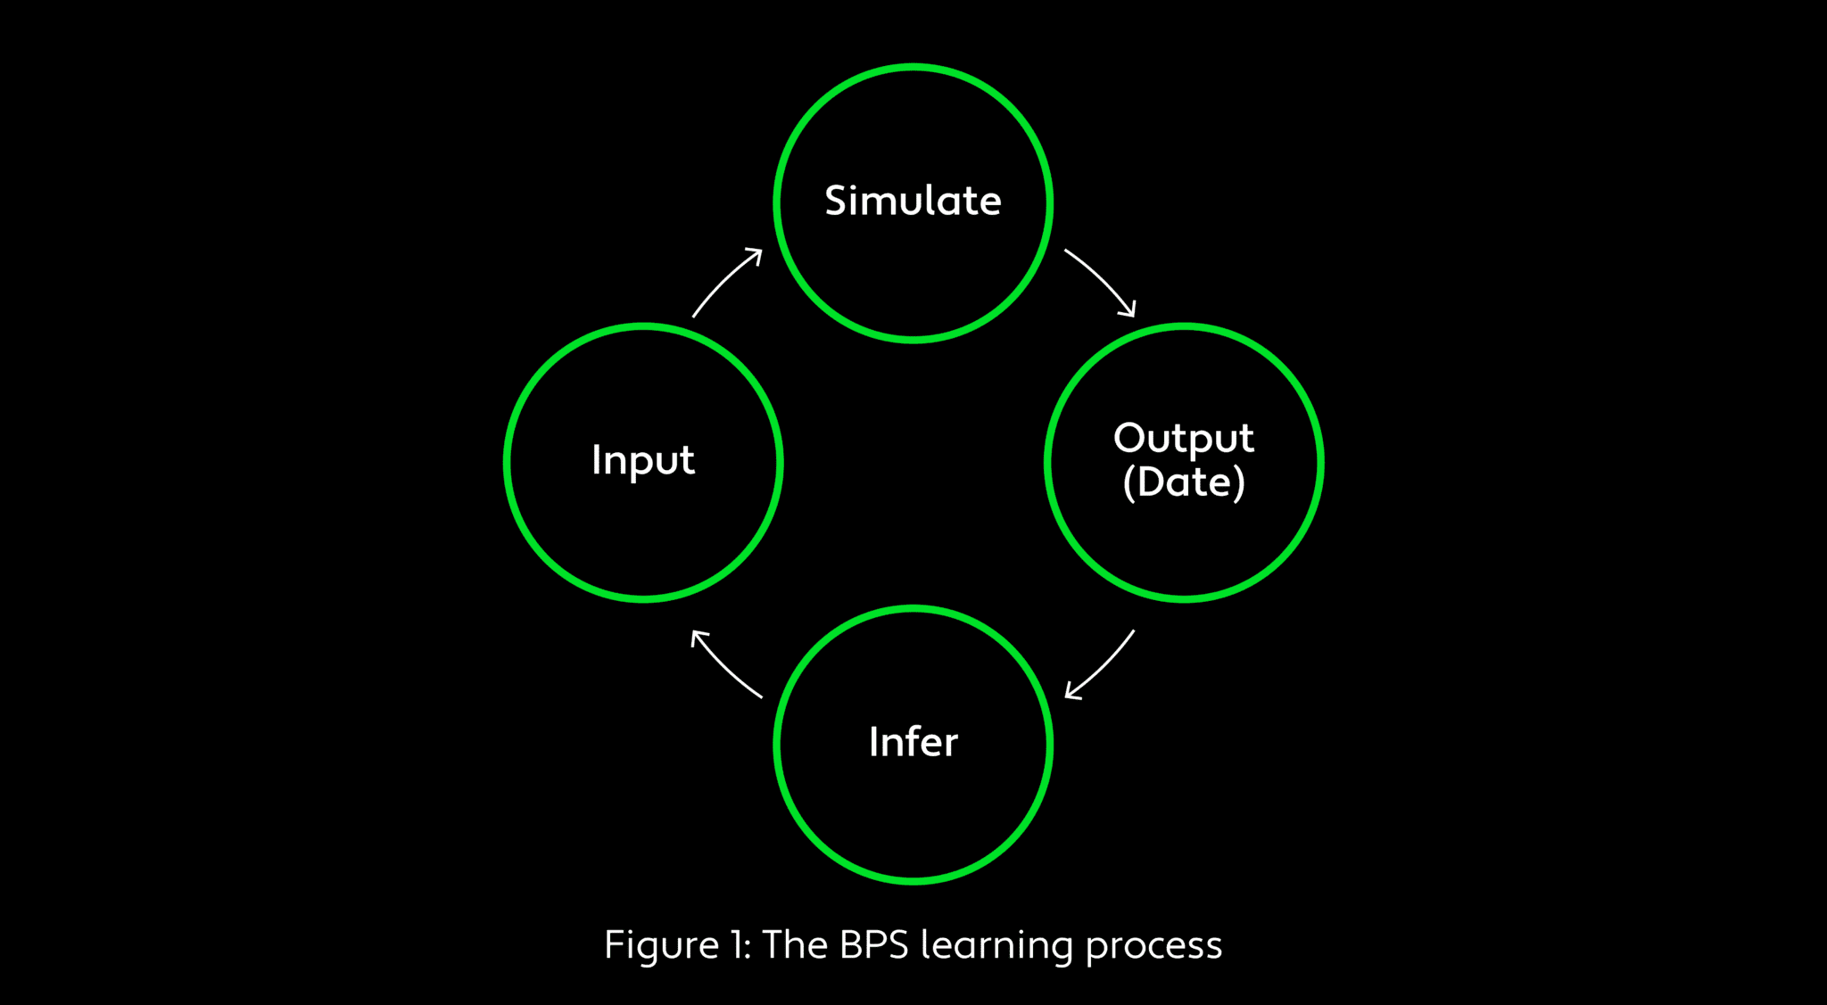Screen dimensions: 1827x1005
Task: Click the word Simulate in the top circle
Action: click(x=913, y=201)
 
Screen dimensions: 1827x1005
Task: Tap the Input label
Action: click(x=643, y=461)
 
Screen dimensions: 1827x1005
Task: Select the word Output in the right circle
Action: click(x=1184, y=439)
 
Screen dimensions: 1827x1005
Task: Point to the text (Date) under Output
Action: click(x=1184, y=482)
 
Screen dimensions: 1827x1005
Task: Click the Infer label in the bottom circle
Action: click(x=913, y=742)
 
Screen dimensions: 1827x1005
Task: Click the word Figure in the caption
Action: click(x=661, y=945)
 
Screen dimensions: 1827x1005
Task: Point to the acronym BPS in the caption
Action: click(x=873, y=945)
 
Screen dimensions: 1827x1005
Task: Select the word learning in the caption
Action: click(x=996, y=945)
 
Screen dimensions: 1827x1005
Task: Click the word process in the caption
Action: click(x=1153, y=947)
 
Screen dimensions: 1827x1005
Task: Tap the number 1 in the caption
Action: click(x=738, y=945)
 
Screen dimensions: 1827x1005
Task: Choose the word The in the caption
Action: click(x=795, y=945)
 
